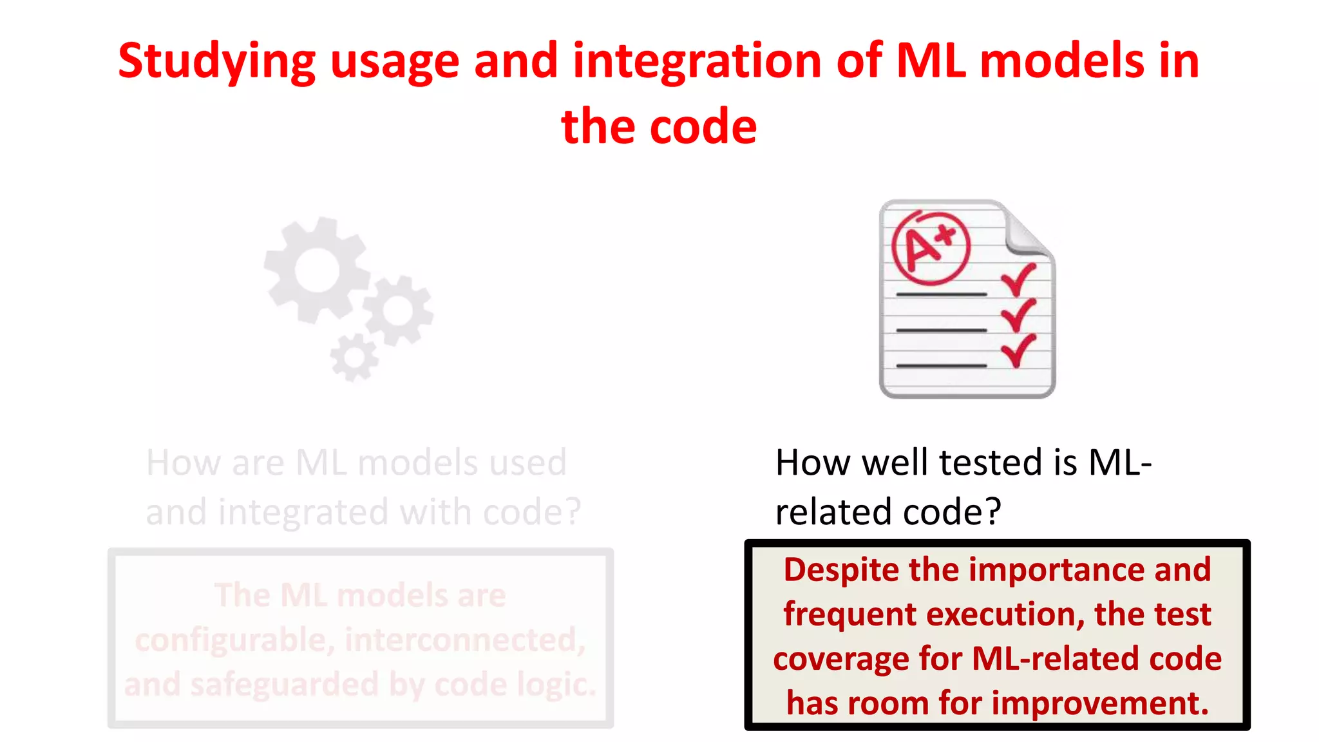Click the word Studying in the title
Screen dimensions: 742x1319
(x=216, y=62)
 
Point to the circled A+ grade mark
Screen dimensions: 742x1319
(x=930, y=248)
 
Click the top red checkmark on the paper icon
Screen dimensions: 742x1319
(x=1018, y=279)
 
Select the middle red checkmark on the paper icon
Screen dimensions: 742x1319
(x=1018, y=314)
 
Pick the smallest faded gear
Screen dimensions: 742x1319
(x=354, y=357)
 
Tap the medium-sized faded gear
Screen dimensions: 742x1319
(x=398, y=311)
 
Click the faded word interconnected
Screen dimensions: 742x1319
(x=465, y=640)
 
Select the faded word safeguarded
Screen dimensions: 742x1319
(x=283, y=685)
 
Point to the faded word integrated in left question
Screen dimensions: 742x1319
(x=303, y=513)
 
